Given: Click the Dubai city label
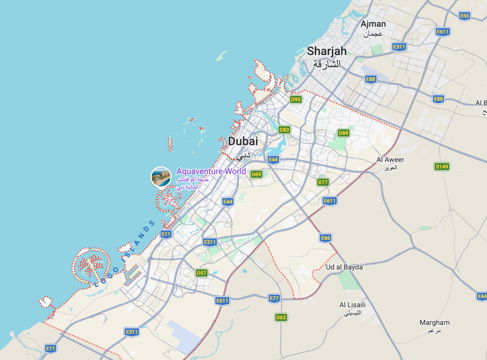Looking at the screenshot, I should (243, 141).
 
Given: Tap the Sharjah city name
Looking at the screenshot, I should (327, 51).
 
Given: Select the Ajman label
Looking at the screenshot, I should (373, 24).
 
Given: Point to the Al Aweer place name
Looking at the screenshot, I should (390, 160).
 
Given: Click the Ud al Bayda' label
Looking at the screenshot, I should (344, 267).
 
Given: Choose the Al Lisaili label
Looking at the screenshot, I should (352, 305).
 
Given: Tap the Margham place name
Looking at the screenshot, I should (434, 322).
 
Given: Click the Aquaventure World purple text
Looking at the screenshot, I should (211, 171).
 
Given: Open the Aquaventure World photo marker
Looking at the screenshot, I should (161, 177).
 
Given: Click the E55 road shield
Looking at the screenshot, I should (465, 16).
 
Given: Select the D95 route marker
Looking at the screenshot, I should (296, 99).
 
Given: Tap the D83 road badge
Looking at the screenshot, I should (284, 130).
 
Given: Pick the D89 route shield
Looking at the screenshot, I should (343, 133).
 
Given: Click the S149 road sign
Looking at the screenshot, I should (442, 166).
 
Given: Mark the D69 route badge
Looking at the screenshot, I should (256, 174).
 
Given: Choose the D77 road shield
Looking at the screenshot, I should (323, 182).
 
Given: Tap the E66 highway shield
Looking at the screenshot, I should (325, 238).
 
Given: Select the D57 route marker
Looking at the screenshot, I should (202, 273).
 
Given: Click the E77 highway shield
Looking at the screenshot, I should (274, 298).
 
